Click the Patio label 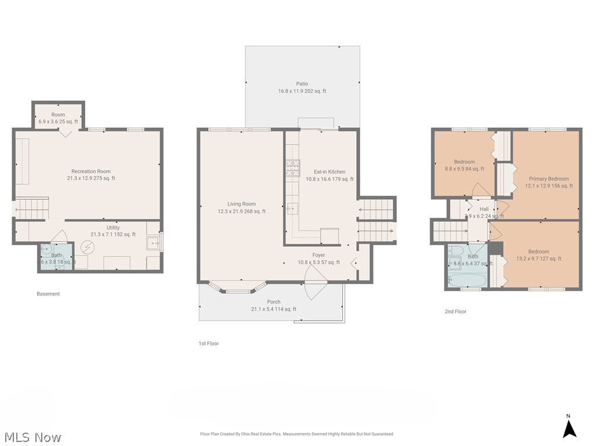[x=302, y=84]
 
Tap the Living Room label [x=241, y=204]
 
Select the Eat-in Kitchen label [x=329, y=172]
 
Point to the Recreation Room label [x=90, y=171]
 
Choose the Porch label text [x=274, y=302]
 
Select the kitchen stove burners [x=292, y=168]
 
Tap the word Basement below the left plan [x=48, y=294]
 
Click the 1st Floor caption [x=209, y=344]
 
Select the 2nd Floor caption [x=455, y=312]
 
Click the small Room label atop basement [x=58, y=115]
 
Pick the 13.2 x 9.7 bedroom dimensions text [x=539, y=259]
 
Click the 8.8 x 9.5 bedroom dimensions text [x=464, y=169]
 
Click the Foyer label [x=318, y=255]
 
